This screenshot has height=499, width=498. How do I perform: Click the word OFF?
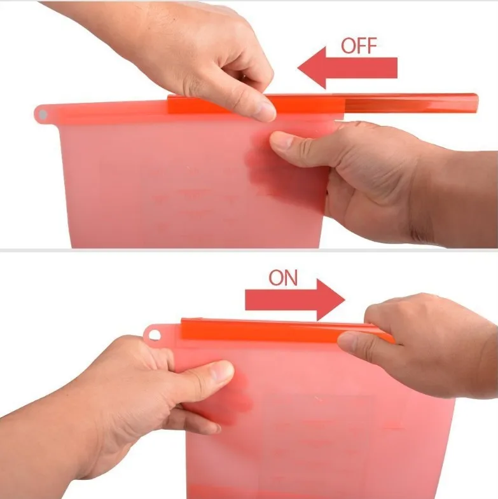pos(359,46)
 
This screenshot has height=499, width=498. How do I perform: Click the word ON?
pos(283,278)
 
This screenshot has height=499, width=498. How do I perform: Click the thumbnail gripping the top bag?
pos(281,141)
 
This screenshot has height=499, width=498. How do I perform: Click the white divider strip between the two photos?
pos(249,250)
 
